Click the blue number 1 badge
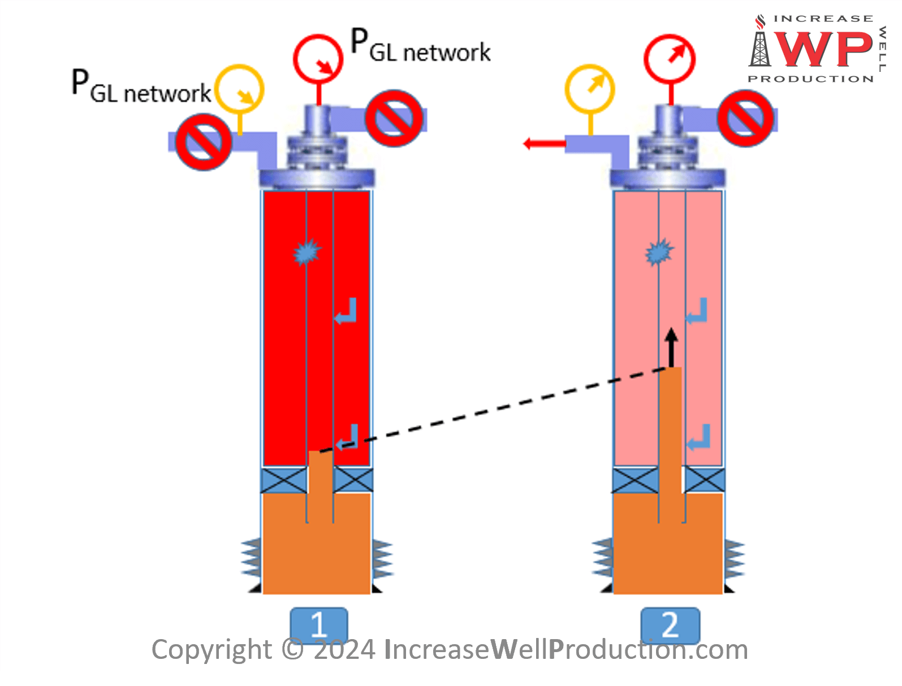[319, 624]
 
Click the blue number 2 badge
[670, 624]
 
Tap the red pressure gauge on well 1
[318, 59]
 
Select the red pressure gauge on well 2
[670, 59]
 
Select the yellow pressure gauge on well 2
[590, 89]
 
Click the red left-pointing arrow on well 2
[543, 144]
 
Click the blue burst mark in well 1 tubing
[307, 252]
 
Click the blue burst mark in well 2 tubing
[659, 252]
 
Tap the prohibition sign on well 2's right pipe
[745, 119]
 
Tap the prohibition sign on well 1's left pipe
[203, 141]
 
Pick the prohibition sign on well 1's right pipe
[394, 118]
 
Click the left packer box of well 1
[284, 480]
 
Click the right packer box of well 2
[704, 480]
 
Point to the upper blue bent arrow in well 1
[346, 311]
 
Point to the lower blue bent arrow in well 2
[698, 437]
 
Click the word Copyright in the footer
[212, 650]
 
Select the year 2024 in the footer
[344, 650]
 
